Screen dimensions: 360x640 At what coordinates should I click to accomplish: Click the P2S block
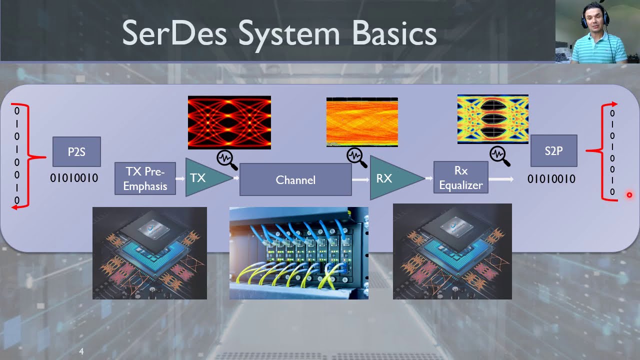pyautogui.click(x=76, y=152)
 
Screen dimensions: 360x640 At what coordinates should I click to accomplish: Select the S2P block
pyautogui.click(x=553, y=150)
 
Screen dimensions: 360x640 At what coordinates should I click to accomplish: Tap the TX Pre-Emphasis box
pyautogui.click(x=145, y=178)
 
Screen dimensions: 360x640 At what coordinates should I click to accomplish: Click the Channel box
pyautogui.click(x=295, y=179)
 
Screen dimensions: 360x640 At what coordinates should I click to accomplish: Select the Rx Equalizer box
pyautogui.click(x=460, y=177)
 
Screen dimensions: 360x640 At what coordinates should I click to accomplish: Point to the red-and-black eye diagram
pyautogui.click(x=229, y=122)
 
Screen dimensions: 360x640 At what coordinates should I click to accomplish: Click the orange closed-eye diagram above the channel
pyautogui.click(x=362, y=122)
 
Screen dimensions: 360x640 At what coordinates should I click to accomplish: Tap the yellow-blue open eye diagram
pyautogui.click(x=492, y=119)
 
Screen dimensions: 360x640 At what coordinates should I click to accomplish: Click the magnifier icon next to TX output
pyautogui.click(x=226, y=159)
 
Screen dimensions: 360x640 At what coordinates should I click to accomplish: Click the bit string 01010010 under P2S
pyautogui.click(x=74, y=178)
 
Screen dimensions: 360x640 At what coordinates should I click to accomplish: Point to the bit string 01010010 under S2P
pyautogui.click(x=551, y=179)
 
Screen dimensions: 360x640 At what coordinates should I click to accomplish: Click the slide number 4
pyautogui.click(x=81, y=352)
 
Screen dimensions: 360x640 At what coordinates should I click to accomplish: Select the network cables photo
pyautogui.click(x=298, y=253)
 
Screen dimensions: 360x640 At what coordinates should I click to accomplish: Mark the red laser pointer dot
pyautogui.click(x=629, y=195)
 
